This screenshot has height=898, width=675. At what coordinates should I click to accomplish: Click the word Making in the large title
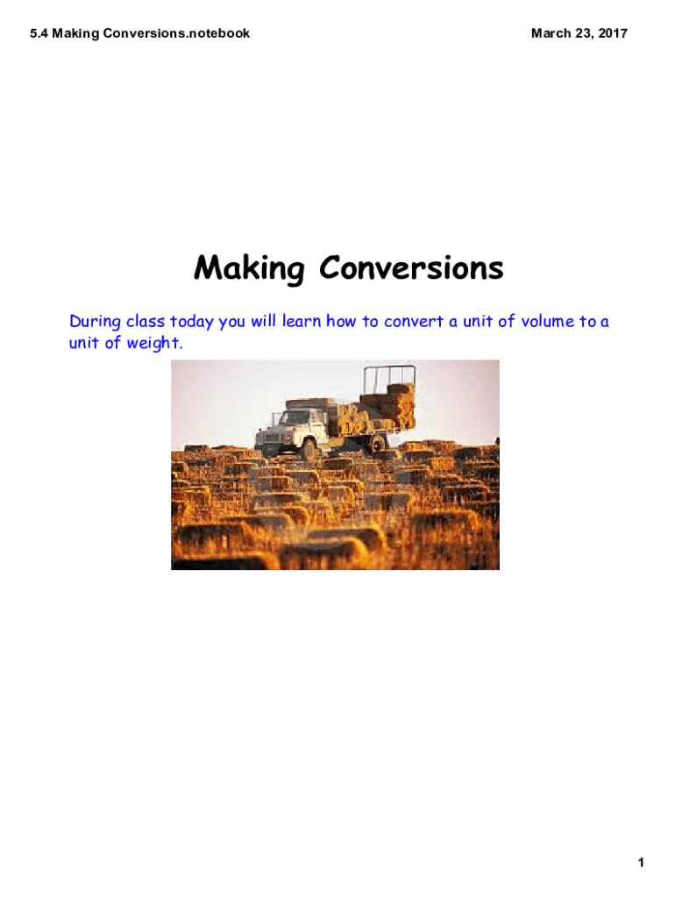pos(248,269)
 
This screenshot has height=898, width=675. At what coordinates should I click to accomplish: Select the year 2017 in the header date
pos(611,33)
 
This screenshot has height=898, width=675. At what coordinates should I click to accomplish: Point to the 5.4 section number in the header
pos(39,33)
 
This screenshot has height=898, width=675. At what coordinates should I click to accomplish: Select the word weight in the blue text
pos(154,343)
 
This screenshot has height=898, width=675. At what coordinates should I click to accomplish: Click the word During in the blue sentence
pos(94,321)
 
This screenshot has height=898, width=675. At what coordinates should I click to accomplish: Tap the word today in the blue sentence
pos(192,321)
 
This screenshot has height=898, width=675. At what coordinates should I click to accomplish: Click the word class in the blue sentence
pos(143,321)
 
